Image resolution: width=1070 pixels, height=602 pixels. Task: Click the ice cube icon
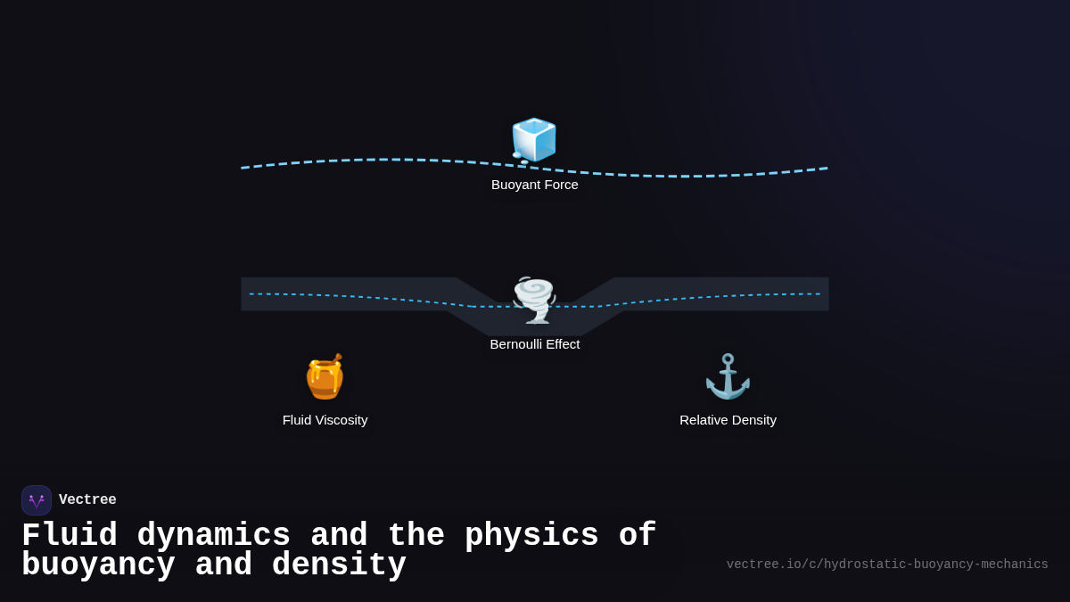(534, 140)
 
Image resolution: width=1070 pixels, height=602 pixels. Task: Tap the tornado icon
(534, 300)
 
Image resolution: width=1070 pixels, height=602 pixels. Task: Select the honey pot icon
(325, 376)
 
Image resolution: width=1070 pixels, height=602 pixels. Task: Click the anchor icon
(728, 376)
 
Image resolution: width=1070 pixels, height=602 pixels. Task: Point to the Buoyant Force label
(535, 185)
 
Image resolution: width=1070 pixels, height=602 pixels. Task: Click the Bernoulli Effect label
(535, 344)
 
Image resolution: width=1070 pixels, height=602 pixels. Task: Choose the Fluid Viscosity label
(325, 420)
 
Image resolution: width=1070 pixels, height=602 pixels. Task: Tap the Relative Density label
(728, 420)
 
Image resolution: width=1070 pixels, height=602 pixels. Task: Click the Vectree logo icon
(37, 500)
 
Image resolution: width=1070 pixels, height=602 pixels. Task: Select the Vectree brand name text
(87, 500)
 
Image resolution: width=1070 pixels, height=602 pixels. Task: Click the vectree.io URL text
(887, 565)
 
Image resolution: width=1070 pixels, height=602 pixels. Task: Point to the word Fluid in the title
(70, 536)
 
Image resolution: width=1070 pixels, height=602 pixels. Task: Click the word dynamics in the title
(214, 536)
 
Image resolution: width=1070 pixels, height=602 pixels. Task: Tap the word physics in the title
(531, 536)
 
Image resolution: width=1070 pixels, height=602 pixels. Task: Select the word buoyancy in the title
(98, 565)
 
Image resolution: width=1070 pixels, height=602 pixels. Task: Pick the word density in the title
(339, 565)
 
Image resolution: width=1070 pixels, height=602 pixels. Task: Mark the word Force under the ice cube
(559, 185)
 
